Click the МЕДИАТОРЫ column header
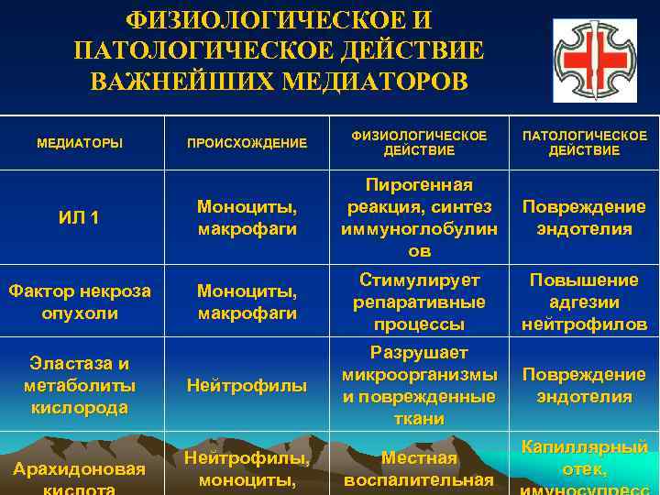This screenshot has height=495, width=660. [x=80, y=143]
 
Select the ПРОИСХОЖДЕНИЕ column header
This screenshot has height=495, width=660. [x=247, y=143]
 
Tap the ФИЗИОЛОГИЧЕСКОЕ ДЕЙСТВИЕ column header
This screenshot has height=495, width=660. [x=419, y=143]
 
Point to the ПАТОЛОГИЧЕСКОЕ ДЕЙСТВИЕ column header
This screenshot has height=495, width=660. [x=584, y=143]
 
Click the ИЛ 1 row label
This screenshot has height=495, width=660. [x=80, y=218]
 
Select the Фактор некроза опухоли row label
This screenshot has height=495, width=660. [x=80, y=302]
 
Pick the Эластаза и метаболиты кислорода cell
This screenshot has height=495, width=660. [x=80, y=385]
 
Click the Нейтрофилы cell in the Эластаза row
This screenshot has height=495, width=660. [x=247, y=386]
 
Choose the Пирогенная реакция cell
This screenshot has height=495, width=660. [x=419, y=218]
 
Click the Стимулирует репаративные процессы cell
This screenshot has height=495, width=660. [x=419, y=302]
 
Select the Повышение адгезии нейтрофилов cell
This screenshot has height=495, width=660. [x=584, y=302]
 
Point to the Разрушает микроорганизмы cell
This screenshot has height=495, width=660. [x=419, y=386]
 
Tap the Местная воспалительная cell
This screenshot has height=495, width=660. [x=419, y=468]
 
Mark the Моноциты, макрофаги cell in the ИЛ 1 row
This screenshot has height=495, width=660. [x=247, y=218]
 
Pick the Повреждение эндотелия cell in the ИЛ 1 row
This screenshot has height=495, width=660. [x=584, y=218]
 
